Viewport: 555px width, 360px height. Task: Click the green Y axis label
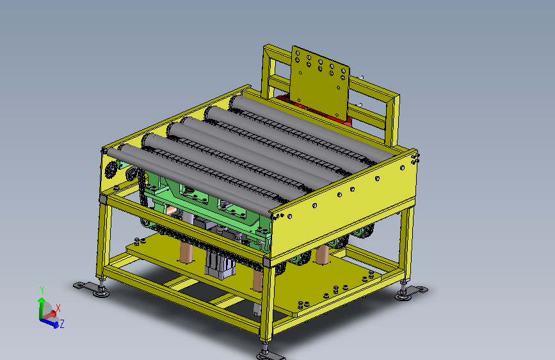tap(42, 290)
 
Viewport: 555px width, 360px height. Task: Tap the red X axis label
tap(58, 308)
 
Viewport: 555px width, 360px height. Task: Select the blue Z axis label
tap(61, 323)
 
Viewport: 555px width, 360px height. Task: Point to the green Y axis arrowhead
tap(42, 300)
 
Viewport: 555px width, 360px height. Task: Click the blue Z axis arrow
tap(49, 322)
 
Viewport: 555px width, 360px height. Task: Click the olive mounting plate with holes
tap(319, 82)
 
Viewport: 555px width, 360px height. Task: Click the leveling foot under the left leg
tap(93, 288)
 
